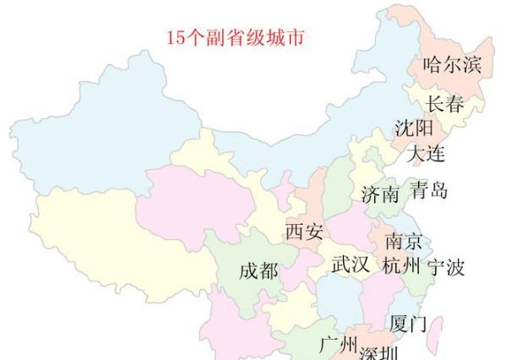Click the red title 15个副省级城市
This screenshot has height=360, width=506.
[234, 38]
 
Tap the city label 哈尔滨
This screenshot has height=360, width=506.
[452, 64]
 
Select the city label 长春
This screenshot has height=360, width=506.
[444, 104]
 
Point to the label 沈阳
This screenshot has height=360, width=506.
[414, 128]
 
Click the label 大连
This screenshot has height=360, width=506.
[426, 154]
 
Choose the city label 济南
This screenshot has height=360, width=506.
[379, 194]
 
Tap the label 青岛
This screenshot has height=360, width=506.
[428, 190]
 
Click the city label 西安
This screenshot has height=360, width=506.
[304, 231]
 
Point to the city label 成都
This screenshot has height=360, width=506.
[258, 271]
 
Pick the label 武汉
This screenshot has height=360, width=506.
[350, 265]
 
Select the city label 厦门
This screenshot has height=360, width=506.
[408, 324]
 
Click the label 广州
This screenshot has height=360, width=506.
[337, 345]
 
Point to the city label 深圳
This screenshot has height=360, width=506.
[378, 352]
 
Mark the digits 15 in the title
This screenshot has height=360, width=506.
[175, 38]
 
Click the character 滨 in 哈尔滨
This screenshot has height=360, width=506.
[471, 64]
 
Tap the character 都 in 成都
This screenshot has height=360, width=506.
[269, 271]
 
